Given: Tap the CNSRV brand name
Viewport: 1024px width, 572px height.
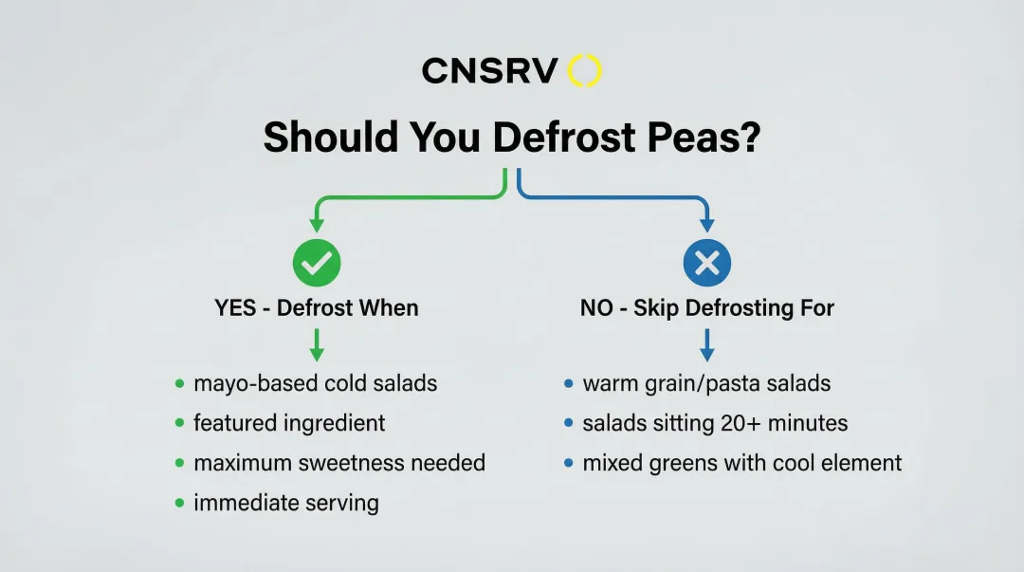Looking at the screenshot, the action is click(x=490, y=70).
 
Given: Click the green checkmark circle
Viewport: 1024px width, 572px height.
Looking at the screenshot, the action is click(x=317, y=263).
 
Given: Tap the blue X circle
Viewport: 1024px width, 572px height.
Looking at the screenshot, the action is click(x=707, y=263).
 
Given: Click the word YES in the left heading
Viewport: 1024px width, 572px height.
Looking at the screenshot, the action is click(x=235, y=308).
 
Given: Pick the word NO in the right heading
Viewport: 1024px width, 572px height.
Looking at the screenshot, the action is click(x=596, y=308).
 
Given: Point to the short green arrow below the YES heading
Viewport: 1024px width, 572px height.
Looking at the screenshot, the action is click(x=317, y=345).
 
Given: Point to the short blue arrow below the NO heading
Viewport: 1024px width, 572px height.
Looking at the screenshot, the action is click(x=707, y=345).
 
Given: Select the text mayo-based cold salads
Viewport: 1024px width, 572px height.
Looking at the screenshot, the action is click(x=316, y=383).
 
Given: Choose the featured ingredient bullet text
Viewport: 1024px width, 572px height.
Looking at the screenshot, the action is click(x=289, y=423).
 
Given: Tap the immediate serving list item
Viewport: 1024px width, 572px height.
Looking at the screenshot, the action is click(x=286, y=503).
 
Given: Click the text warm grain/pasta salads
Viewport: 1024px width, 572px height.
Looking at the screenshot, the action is click(x=706, y=383).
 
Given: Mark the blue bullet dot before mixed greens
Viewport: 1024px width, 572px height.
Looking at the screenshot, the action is click(x=568, y=463).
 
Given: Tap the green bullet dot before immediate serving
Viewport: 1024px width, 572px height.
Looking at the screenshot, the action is click(x=179, y=503).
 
